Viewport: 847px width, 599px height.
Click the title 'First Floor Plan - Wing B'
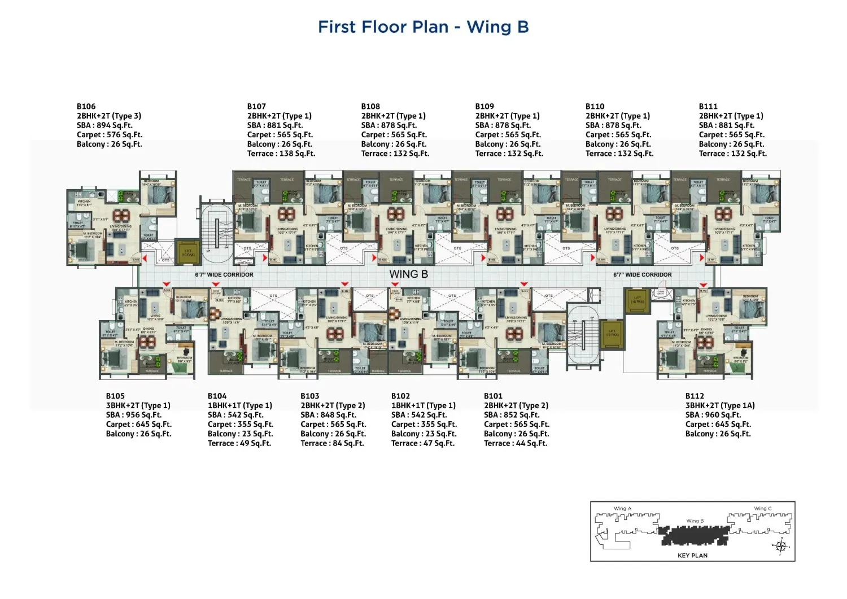click(x=423, y=27)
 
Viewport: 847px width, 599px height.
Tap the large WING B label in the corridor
click(x=408, y=274)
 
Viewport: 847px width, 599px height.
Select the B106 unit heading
click(x=86, y=106)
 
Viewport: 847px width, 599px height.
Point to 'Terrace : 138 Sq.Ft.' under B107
click(x=281, y=154)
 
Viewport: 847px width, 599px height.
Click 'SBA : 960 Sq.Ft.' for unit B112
click(x=713, y=415)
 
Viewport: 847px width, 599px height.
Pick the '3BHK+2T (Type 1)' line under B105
click(x=138, y=405)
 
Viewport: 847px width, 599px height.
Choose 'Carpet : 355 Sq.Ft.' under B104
click(x=240, y=425)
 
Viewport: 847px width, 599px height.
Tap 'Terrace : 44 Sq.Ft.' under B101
click(x=515, y=444)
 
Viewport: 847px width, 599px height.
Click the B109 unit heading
click(x=484, y=106)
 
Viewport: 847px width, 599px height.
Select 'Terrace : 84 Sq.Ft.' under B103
click(x=332, y=444)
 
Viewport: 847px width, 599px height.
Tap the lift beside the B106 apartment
click(x=187, y=251)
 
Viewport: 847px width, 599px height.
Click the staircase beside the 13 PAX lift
click(x=582, y=336)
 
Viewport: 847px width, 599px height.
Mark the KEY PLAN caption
click(x=692, y=556)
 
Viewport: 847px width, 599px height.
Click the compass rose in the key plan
click(x=781, y=546)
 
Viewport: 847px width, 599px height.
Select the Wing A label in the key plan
click(x=622, y=509)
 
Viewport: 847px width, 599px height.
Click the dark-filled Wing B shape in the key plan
click(x=695, y=535)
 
